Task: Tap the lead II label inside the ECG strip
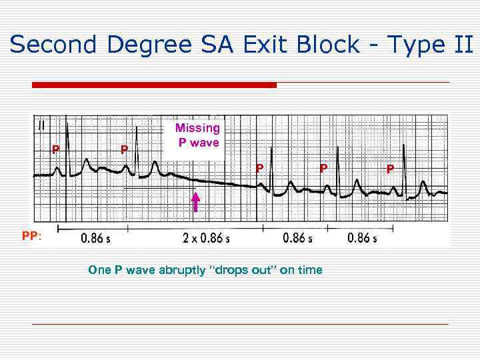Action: [42, 124]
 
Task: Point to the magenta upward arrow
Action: [196, 201]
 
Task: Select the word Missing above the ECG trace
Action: [197, 128]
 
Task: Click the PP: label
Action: [31, 236]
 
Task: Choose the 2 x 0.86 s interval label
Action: [206, 238]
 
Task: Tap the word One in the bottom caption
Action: [99, 270]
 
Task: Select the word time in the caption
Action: [310, 270]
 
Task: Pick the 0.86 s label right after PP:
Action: [96, 238]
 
